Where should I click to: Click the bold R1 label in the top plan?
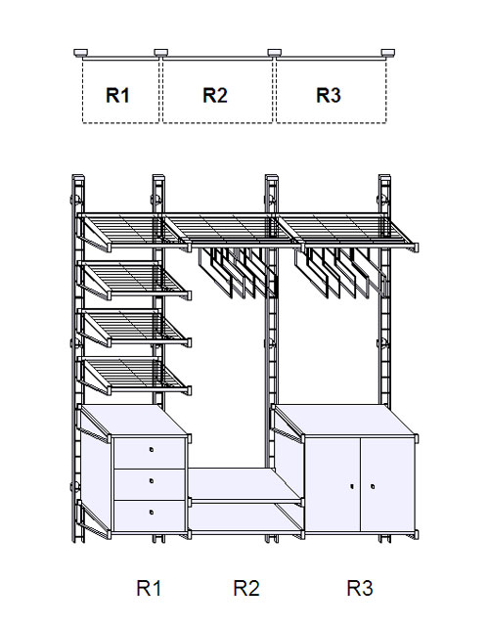coord(117,96)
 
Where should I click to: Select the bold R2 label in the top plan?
coord(215,96)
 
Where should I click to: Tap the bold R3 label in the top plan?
coord(329,96)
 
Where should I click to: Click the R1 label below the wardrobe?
coord(149,588)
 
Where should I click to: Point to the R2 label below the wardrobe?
coord(246,588)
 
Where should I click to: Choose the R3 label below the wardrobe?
coord(360,588)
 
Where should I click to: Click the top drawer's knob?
coord(152,450)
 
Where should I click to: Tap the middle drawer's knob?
coord(152,480)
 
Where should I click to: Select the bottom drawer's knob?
coord(152,512)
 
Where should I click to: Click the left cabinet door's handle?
coord(352,486)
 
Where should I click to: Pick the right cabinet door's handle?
coord(373,486)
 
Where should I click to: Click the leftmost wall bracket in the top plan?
coord(80,53)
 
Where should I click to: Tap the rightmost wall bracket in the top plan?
coord(388,53)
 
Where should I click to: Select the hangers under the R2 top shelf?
coord(238,272)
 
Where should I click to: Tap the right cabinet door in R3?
coord(386,485)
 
